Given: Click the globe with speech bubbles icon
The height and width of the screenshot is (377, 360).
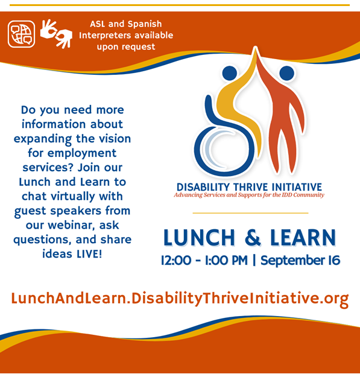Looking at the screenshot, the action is (21, 34).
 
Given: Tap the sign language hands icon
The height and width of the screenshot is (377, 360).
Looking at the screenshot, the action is (56, 34).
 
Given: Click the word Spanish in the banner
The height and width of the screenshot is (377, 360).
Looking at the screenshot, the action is (145, 24).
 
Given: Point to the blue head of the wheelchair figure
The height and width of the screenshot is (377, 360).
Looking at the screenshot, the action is (230, 73).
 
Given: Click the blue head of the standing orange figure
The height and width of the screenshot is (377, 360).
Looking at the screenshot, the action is (286, 73).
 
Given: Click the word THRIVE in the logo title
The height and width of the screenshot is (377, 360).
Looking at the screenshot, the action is (251, 187).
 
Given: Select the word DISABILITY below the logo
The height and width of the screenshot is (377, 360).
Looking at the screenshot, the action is (203, 187).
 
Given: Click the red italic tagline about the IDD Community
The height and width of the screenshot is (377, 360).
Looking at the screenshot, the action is (249, 195).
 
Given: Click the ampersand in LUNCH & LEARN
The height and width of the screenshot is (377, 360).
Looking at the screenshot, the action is (253, 238).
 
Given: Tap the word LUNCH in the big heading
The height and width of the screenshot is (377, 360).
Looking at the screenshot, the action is (199, 238).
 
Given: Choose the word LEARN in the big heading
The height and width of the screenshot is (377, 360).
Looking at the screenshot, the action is (303, 238).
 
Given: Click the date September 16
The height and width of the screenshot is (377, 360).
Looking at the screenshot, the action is (300, 261).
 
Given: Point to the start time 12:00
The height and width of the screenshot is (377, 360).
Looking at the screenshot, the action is (176, 261).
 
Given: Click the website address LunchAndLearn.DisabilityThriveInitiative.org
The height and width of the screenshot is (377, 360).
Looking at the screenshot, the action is (180, 299).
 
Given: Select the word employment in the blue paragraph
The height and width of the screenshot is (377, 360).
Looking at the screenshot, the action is (82, 153).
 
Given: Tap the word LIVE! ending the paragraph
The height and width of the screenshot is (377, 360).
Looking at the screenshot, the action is (89, 254).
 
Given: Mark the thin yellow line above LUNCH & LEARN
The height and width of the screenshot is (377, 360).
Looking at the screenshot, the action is (250, 213).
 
